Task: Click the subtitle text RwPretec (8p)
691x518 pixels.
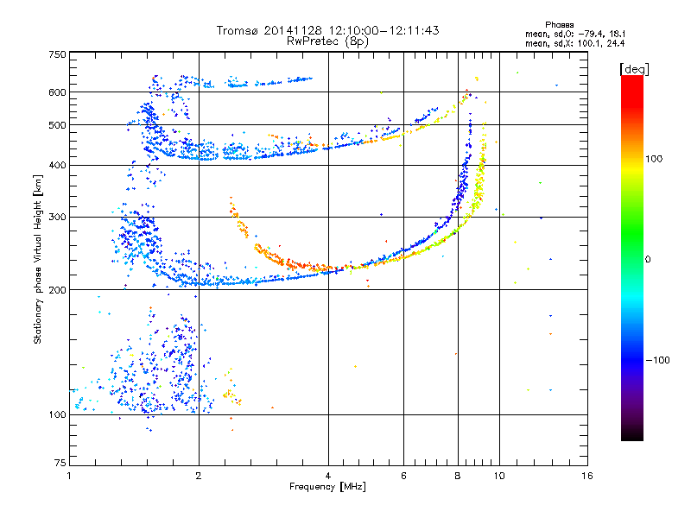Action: pos(327,41)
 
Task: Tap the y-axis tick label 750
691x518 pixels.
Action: pos(57,54)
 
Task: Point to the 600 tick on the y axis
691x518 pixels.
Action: pos(57,92)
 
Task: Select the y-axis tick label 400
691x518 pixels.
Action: pos(57,166)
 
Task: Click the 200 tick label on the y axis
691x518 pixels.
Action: pos(57,290)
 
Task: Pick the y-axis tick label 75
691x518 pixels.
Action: pos(60,463)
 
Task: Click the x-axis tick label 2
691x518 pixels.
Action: pos(199,476)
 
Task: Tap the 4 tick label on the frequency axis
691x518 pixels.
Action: pos(328,476)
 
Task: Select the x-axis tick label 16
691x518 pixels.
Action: pos(587,476)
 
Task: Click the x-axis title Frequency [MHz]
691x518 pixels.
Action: pos(327,487)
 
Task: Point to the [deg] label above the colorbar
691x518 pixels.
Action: pos(634,69)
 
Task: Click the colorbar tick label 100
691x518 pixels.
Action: pos(654,159)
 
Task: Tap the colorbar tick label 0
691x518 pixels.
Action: pos(648,260)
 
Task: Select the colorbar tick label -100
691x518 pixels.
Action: pos(657,360)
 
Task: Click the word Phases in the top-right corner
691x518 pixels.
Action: pos(560,25)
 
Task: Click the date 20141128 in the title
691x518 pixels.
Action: pos(293,30)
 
